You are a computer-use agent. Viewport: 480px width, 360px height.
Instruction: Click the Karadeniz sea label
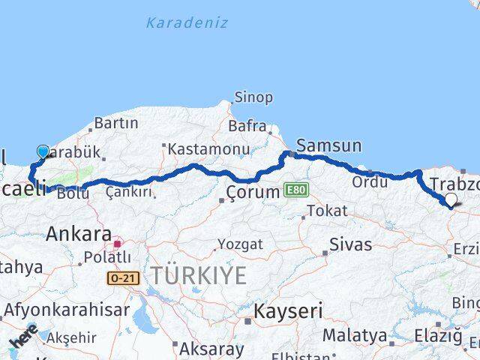click(x=187, y=22)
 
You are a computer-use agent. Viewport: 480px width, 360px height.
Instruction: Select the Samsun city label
click(x=328, y=145)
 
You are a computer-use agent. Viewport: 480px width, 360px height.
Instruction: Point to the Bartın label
click(x=116, y=123)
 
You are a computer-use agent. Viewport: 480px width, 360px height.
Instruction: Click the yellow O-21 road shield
click(x=122, y=278)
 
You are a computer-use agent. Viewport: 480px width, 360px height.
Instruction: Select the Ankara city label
click(x=79, y=233)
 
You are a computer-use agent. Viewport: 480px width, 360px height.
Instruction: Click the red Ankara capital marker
click(x=117, y=243)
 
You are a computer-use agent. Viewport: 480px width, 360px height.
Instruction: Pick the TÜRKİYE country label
click(x=197, y=276)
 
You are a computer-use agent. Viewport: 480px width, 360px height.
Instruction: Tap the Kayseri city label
click(x=289, y=310)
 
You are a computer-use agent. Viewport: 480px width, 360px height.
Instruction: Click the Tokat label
click(x=327, y=211)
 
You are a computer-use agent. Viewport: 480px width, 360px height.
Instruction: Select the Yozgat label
click(x=240, y=244)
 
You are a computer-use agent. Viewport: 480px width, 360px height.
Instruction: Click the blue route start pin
click(x=42, y=152)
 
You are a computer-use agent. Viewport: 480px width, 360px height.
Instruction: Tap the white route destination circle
click(x=451, y=199)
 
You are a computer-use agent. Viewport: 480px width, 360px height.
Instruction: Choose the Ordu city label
click(x=370, y=181)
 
